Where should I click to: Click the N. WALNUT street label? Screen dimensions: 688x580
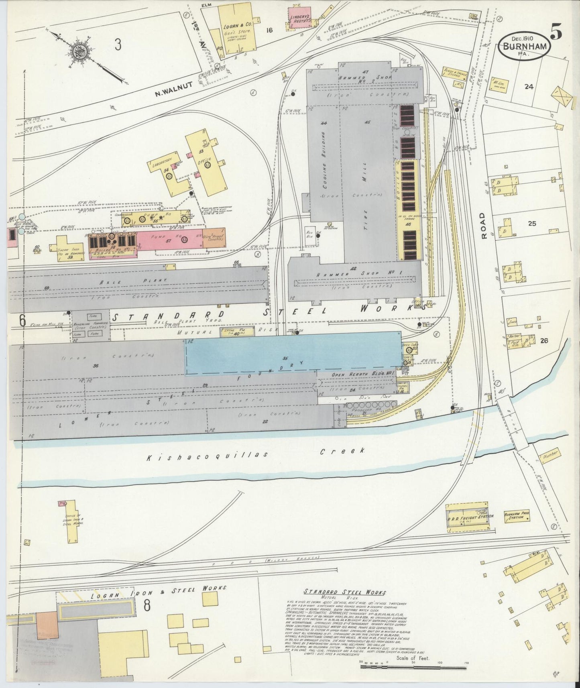174,89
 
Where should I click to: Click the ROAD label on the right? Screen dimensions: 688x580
484,226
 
